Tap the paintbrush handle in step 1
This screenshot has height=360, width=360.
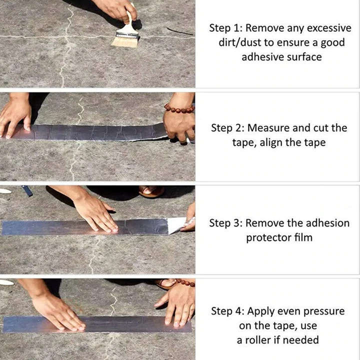pyautogui.click(x=129, y=22)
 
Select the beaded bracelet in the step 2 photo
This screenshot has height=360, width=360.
pyautogui.click(x=179, y=108)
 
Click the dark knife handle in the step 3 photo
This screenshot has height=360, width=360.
pyautogui.click(x=26, y=190)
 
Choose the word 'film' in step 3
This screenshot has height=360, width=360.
pyautogui.click(x=303, y=237)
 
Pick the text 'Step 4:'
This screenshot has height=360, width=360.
pyautogui.click(x=228, y=311)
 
